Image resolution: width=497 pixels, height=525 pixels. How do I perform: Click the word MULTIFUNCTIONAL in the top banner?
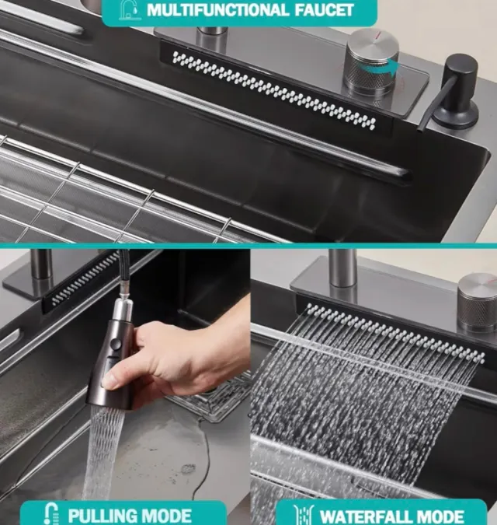click(x=217, y=10)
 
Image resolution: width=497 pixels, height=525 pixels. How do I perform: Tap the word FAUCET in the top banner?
click(x=324, y=10)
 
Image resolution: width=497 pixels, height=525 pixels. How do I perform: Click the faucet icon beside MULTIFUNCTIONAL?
click(x=130, y=10)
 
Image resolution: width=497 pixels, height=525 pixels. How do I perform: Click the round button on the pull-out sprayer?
click(x=116, y=343)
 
